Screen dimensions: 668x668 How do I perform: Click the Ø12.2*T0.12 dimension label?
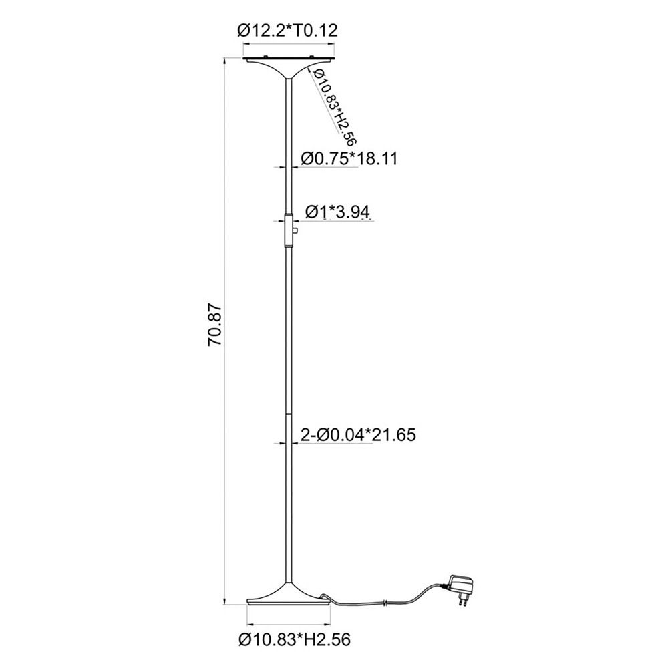tap(287, 31)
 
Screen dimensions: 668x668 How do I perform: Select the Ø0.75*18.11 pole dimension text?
tap(349, 158)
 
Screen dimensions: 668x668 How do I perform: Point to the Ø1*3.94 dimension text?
tap(337, 211)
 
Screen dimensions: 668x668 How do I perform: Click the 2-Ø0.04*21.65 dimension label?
tap(358, 435)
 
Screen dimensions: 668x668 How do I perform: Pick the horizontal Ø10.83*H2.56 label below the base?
tap(295, 639)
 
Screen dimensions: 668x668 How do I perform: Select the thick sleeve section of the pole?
tap(289, 230)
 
